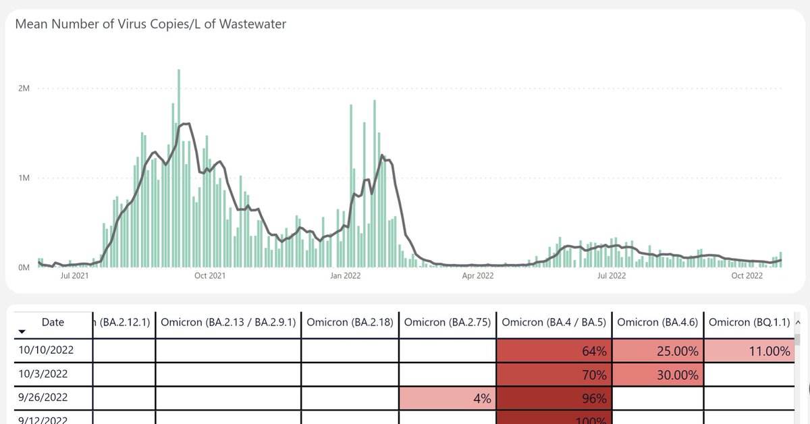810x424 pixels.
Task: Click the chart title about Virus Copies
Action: click(151, 24)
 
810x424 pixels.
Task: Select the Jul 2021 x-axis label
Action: click(74, 275)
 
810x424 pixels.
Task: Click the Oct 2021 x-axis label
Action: click(209, 275)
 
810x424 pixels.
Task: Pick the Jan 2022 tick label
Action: click(345, 275)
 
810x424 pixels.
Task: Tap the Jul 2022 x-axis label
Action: click(611, 275)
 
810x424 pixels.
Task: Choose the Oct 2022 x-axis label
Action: click(747, 275)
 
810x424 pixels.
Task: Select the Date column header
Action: click(53, 323)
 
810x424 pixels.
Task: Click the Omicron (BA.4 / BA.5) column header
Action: click(554, 323)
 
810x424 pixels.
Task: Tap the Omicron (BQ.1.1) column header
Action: click(749, 323)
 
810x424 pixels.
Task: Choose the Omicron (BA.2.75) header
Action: click(448, 323)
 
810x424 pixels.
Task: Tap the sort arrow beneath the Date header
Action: click(22, 332)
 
